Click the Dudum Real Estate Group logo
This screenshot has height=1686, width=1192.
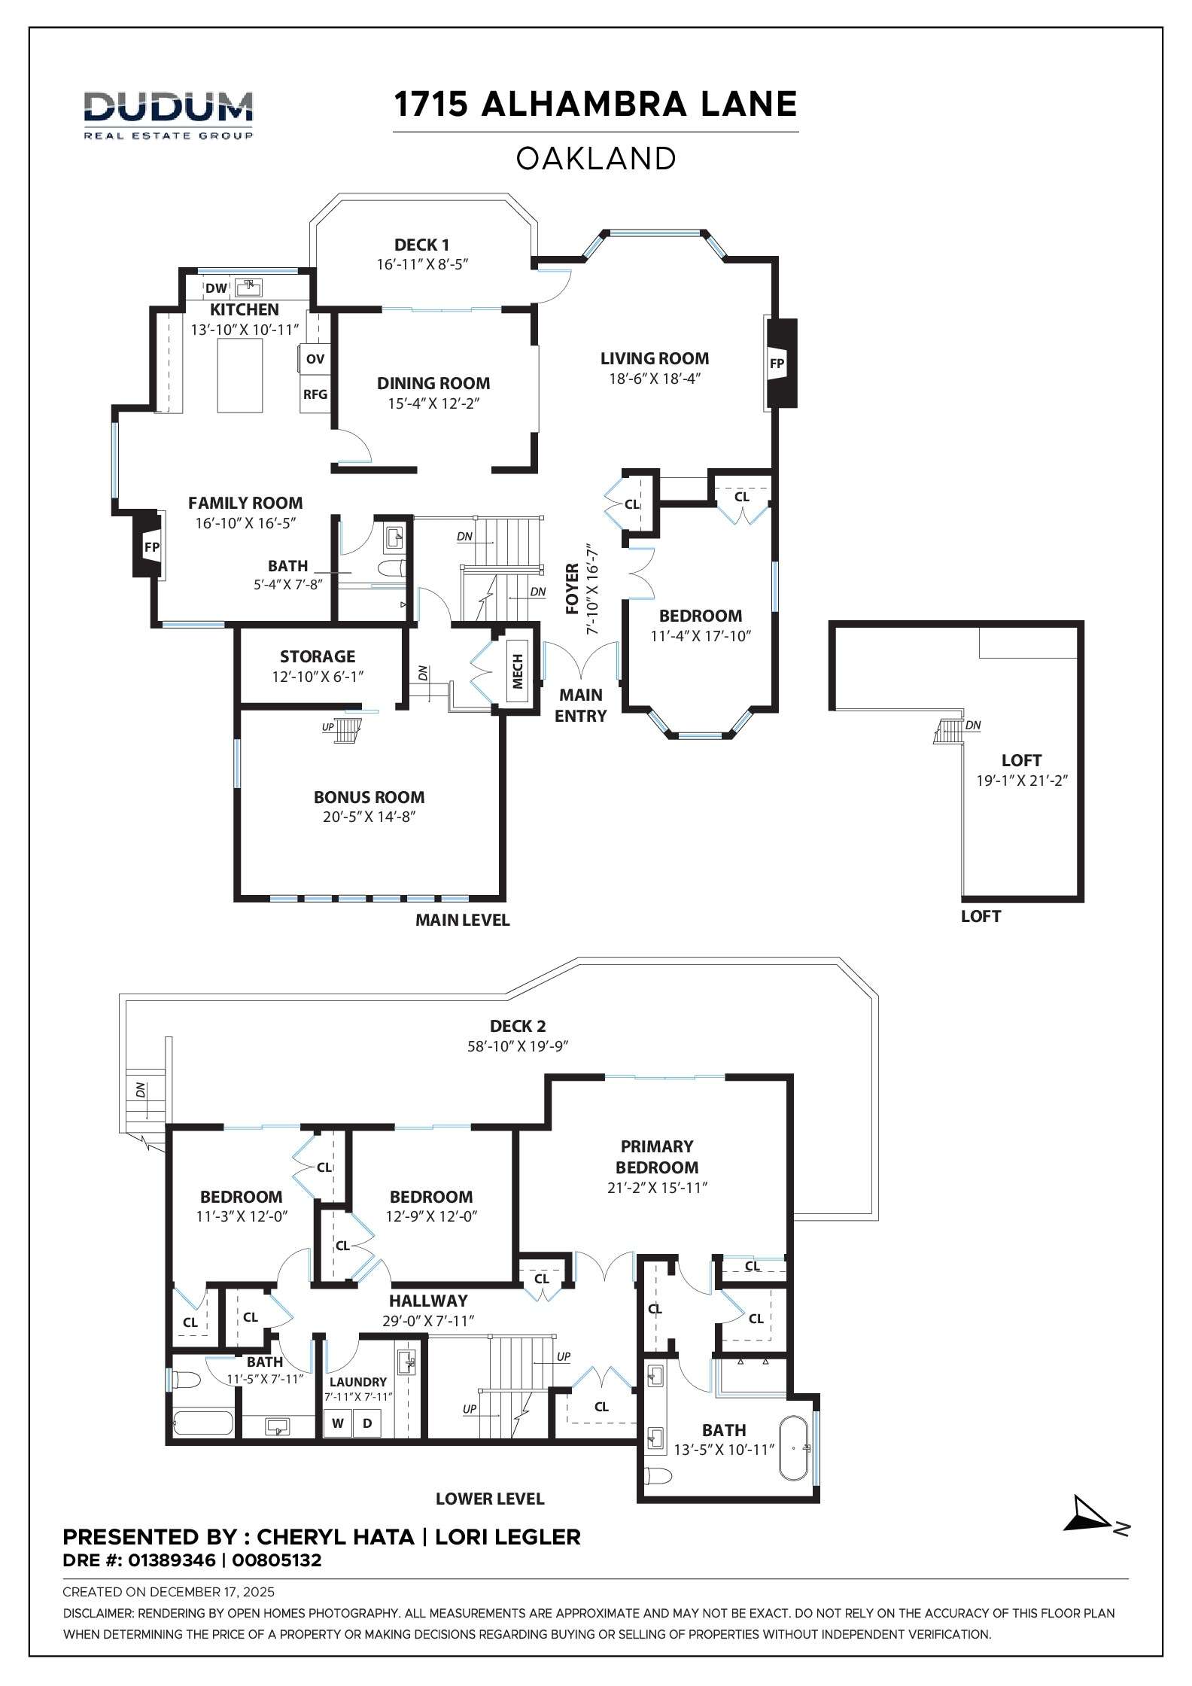[x=168, y=114]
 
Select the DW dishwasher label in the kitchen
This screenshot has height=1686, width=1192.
[x=216, y=288]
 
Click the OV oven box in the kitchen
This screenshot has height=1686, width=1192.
[x=315, y=359]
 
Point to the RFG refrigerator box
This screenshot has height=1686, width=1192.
[x=315, y=394]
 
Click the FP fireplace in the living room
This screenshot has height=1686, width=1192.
[x=777, y=364]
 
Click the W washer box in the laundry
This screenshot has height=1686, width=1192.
[x=338, y=1423]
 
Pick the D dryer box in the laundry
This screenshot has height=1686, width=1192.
[x=367, y=1423]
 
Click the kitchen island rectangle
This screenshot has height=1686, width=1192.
[x=240, y=375]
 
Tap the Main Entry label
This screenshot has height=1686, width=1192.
[x=580, y=705]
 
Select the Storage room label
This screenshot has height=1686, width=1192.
[x=318, y=656]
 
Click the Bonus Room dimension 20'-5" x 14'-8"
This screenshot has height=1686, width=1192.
[x=369, y=817]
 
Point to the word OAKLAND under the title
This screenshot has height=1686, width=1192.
[x=596, y=159]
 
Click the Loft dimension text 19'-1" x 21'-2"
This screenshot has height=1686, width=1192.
[x=1022, y=781]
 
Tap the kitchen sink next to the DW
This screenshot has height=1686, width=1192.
[x=248, y=287]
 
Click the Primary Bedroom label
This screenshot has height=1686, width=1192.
[x=657, y=1157]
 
